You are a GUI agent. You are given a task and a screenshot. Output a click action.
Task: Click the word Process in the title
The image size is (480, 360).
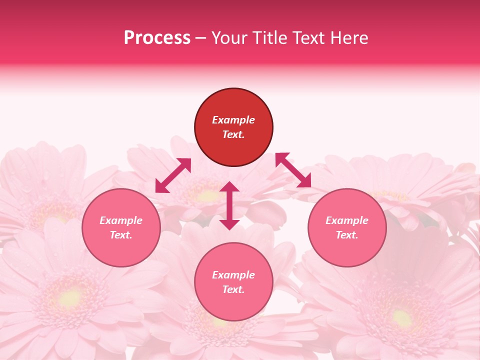[157, 38]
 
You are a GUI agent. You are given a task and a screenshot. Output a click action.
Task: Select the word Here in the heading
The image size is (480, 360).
[348, 38]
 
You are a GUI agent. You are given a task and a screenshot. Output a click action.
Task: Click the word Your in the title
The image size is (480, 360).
[229, 38]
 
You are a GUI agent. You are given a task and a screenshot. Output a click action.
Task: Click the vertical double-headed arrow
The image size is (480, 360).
[229, 205]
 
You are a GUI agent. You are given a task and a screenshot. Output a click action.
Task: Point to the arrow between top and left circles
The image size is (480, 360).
[173, 175]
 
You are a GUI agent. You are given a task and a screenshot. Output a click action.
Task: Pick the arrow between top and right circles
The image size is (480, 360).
[293, 170]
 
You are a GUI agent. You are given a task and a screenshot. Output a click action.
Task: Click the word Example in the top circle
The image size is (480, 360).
[233, 120]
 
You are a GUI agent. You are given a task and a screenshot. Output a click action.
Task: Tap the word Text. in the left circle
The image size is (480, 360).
[121, 235]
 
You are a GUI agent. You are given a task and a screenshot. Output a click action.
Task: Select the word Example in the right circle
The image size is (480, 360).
[347, 220]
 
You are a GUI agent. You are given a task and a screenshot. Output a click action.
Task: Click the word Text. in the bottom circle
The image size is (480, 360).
[233, 289]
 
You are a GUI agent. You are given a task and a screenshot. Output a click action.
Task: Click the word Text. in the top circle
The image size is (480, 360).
[233, 134]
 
